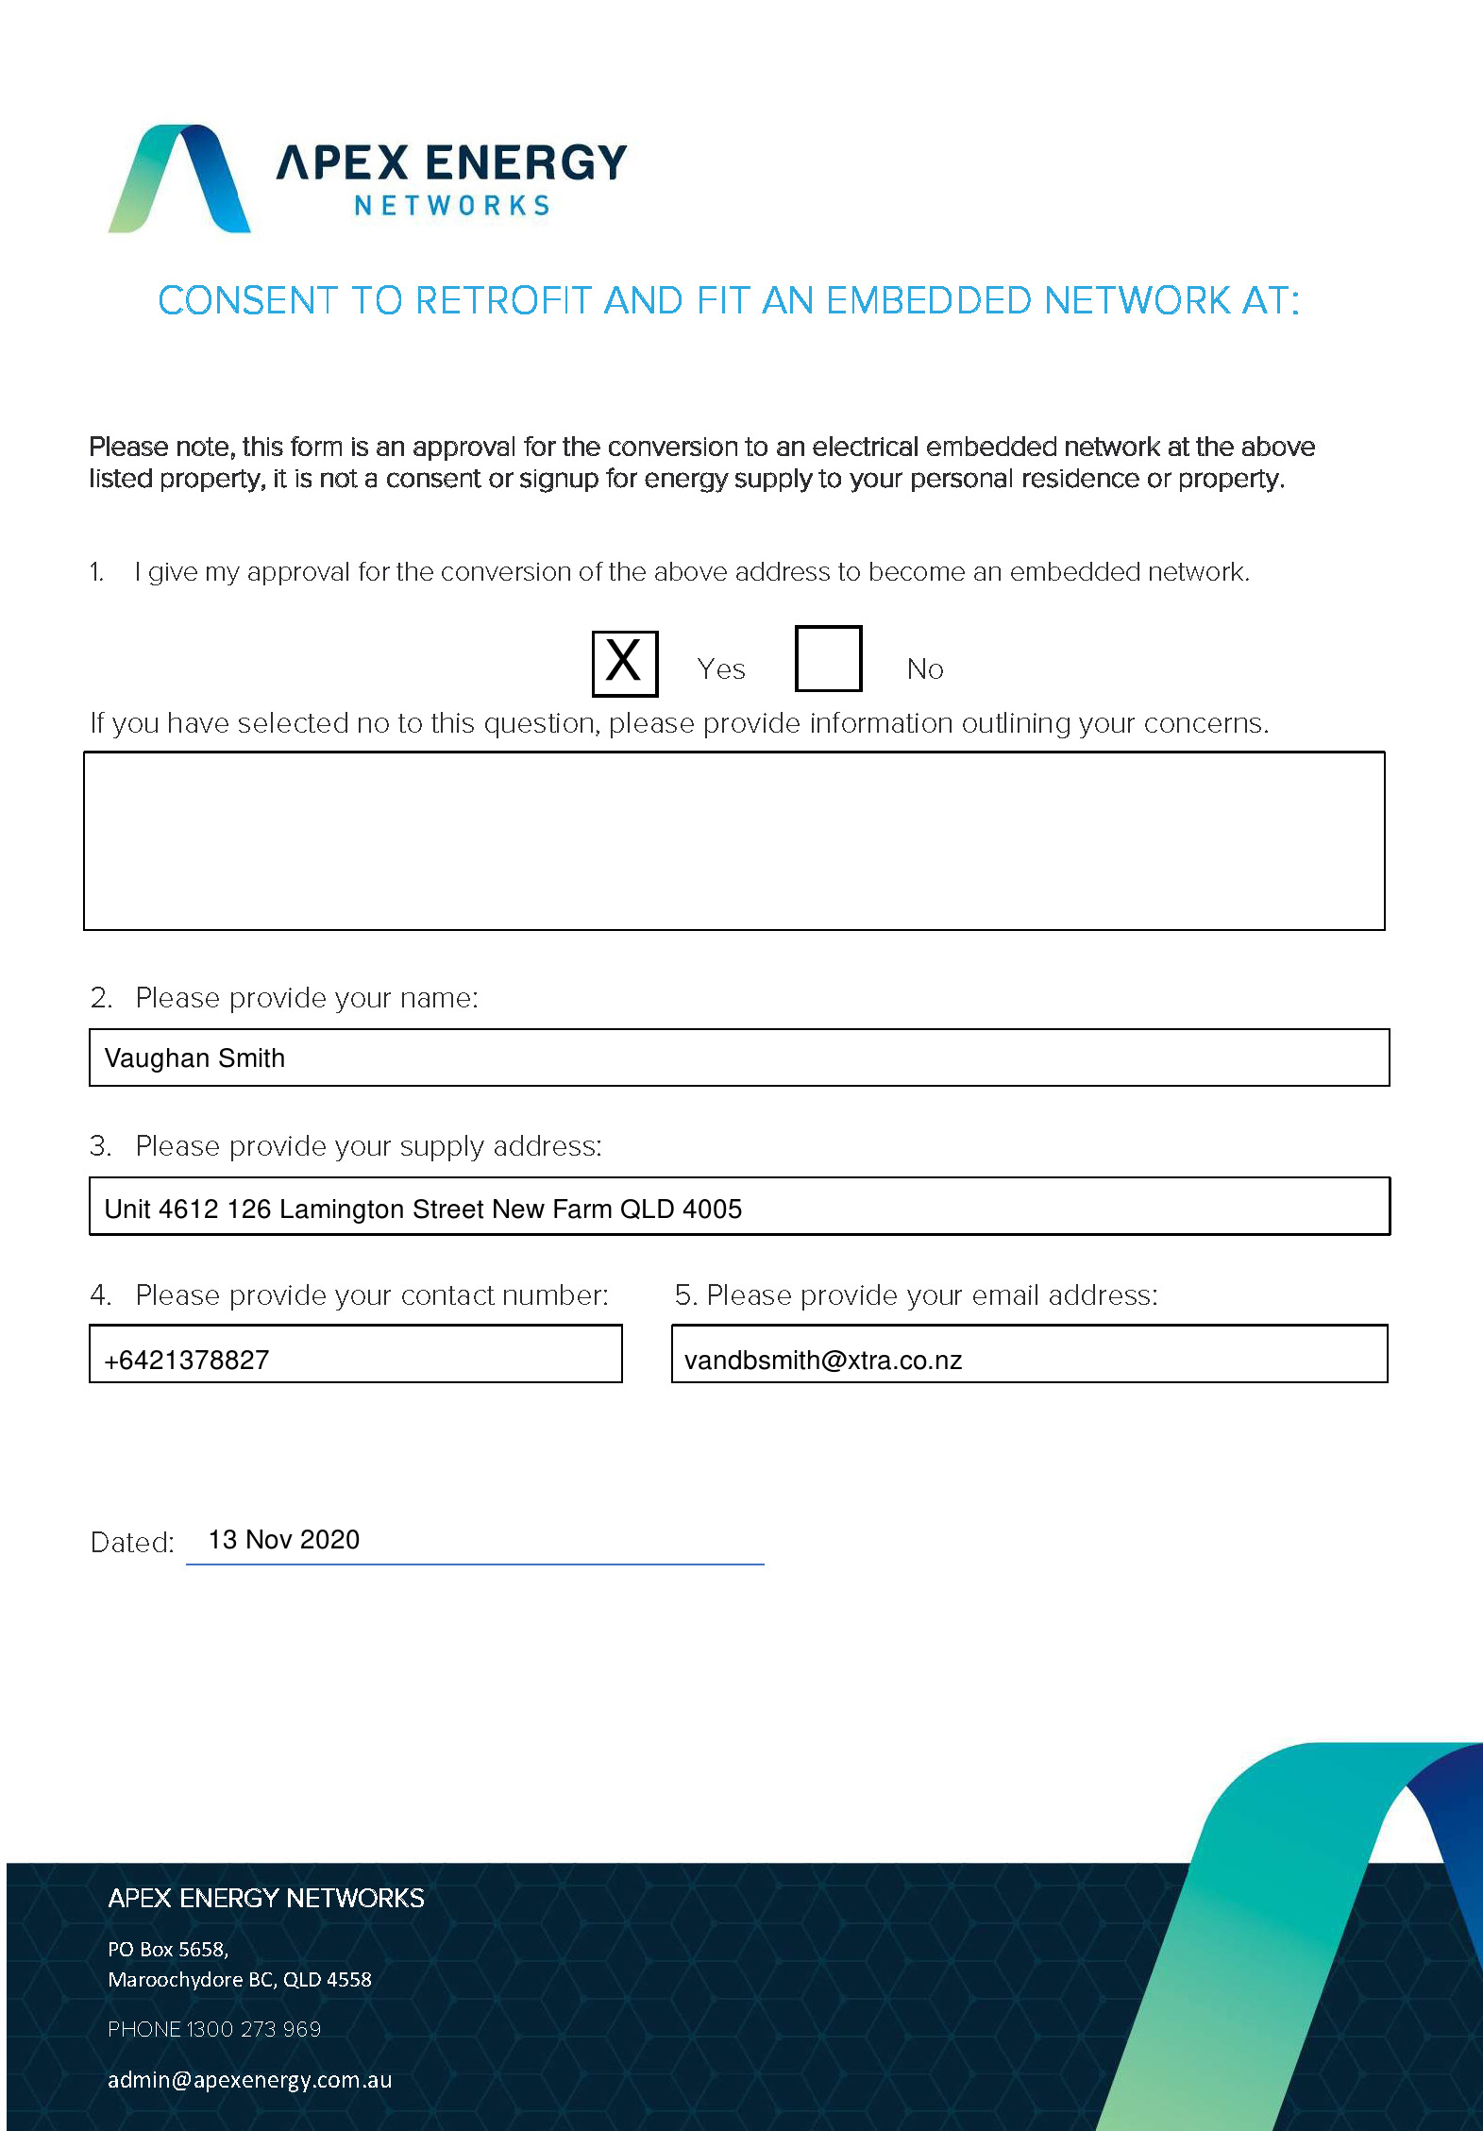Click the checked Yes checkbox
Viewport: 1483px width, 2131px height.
(624, 663)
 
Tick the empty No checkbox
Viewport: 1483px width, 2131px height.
(828, 658)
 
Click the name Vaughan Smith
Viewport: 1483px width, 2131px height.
(194, 1057)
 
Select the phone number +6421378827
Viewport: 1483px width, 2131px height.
(187, 1360)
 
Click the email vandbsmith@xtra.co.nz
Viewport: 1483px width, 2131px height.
(822, 1360)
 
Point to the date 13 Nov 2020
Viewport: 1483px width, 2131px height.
(283, 1539)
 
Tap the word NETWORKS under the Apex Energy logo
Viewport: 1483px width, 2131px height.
(452, 206)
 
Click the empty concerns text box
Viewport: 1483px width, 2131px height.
(733, 840)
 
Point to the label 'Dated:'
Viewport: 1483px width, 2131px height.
(132, 1542)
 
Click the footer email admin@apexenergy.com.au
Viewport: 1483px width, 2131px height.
(249, 2079)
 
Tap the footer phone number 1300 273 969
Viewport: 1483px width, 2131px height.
(254, 2029)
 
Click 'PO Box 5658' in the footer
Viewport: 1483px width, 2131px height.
(167, 1949)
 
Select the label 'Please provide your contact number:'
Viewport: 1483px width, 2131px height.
(372, 1294)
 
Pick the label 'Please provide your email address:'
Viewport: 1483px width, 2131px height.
(932, 1294)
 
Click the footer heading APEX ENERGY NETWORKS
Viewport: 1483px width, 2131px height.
(265, 1898)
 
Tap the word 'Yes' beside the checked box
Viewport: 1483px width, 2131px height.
(721, 668)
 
